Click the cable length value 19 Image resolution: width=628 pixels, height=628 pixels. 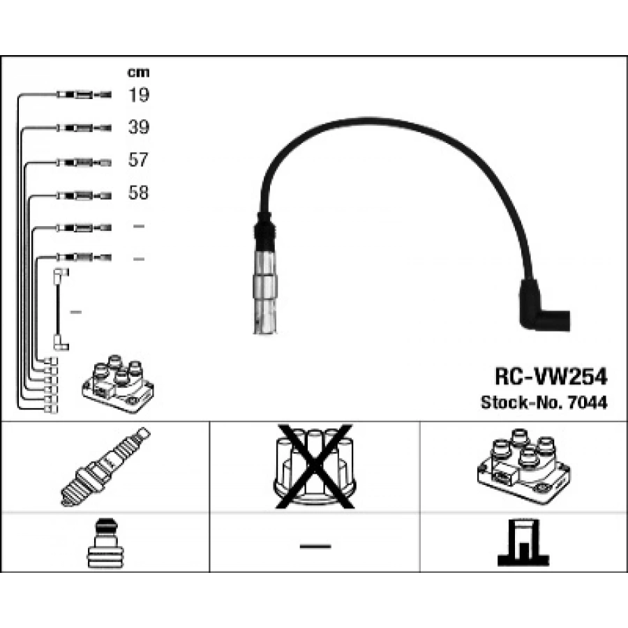click(139, 95)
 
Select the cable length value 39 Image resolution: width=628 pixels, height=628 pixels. click(139, 127)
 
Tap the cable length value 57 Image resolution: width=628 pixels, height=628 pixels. click(138, 160)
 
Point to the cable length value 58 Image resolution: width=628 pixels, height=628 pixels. click(138, 193)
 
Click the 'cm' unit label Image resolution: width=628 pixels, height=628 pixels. click(138, 73)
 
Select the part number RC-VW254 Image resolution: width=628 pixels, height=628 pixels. click(551, 377)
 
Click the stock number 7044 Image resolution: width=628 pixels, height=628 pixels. click(588, 403)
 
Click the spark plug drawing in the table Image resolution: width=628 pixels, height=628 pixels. click(105, 467)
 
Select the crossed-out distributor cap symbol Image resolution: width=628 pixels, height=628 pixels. click(315, 467)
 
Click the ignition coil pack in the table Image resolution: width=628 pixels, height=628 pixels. click(524, 466)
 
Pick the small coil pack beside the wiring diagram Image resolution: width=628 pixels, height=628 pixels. click(118, 384)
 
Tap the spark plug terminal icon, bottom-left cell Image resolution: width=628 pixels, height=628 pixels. click(105, 543)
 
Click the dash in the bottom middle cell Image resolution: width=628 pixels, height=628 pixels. click(315, 546)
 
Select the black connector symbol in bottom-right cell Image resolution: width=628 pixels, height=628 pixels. click(523, 543)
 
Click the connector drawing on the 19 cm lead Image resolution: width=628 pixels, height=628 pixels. click(84, 95)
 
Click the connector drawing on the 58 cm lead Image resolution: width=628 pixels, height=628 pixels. click(84, 196)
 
